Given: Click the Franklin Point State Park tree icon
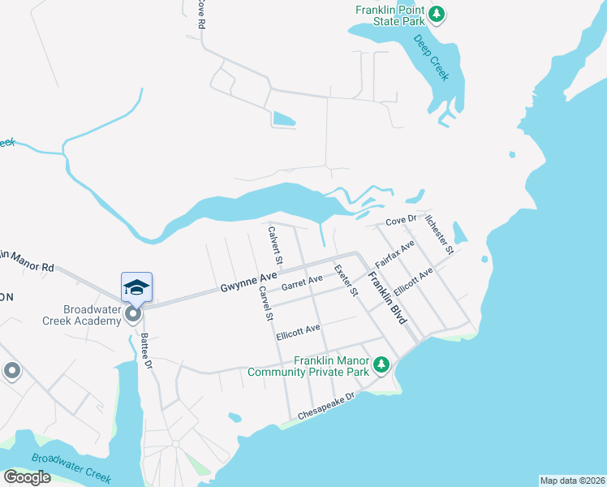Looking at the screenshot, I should pos(437,13).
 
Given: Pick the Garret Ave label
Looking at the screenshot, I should pos(302,283).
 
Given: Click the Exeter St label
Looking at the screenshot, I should pos(346,280).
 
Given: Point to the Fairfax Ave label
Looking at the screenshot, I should pos(395,255).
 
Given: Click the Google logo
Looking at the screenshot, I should pos(27,477).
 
